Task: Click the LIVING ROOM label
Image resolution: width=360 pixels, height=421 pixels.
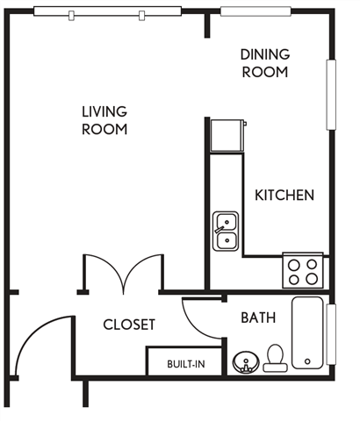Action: pyautogui.click(x=104, y=120)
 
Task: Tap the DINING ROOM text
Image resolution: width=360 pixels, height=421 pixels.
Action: pyautogui.click(x=264, y=63)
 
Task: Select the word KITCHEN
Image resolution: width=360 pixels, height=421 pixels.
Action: pyautogui.click(x=284, y=195)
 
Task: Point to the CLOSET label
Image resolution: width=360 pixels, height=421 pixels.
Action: pyautogui.click(x=129, y=325)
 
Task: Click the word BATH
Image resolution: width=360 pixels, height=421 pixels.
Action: pyautogui.click(x=258, y=318)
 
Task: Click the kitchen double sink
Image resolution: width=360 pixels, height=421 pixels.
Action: pyautogui.click(x=226, y=230)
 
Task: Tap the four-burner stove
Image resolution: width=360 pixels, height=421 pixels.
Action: pyautogui.click(x=302, y=270)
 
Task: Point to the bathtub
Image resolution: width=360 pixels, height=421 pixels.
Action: pyautogui.click(x=308, y=333)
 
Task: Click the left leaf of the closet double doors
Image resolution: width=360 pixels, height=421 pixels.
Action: pyautogui.click(x=104, y=272)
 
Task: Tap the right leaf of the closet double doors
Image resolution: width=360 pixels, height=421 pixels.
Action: pyautogui.click(x=143, y=272)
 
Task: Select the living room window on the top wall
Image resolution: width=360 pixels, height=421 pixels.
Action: pyautogui.click(x=104, y=13)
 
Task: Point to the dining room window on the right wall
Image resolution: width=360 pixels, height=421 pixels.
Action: pyautogui.click(x=332, y=95)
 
